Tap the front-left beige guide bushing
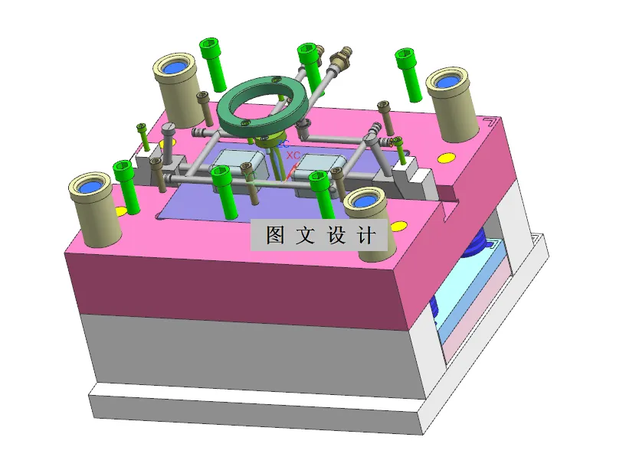pyautogui.click(x=94, y=208)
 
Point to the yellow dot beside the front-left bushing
pyautogui.click(x=121, y=211)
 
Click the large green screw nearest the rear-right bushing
pyautogui.click(x=408, y=73)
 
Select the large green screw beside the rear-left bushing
pyautogui.click(x=212, y=61)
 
